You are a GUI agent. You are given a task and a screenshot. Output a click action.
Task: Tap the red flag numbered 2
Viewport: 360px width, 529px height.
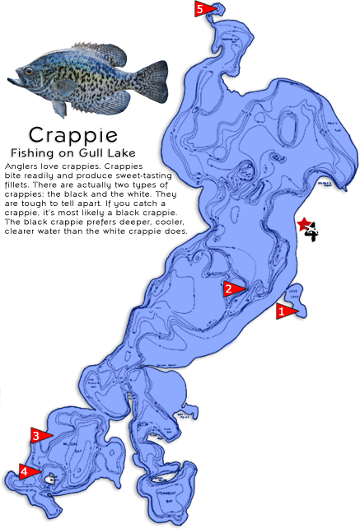(x=233, y=288)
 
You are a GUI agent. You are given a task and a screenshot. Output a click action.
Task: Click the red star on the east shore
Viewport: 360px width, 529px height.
(x=304, y=223)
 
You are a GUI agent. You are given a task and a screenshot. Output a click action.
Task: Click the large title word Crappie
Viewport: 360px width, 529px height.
(x=72, y=134)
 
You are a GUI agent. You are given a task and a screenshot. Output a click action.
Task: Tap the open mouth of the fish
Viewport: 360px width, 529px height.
(x=12, y=81)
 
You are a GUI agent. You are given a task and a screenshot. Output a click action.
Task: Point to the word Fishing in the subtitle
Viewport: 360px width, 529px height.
(x=35, y=153)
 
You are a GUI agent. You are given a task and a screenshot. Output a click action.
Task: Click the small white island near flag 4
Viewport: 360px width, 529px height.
(x=51, y=477)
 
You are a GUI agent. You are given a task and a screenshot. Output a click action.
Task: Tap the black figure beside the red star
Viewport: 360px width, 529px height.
(x=311, y=234)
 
